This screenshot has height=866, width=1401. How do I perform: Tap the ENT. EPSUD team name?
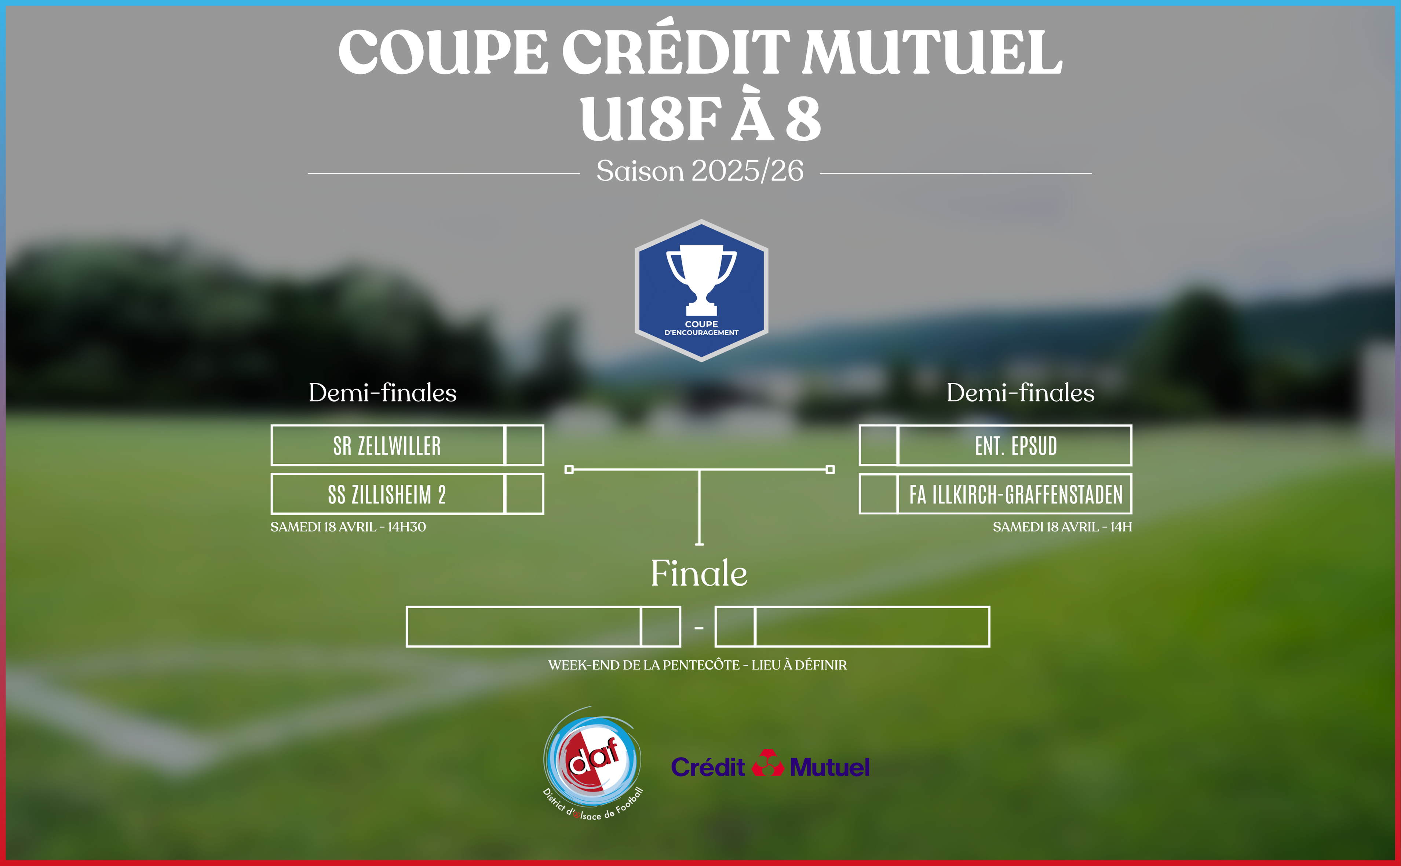click(x=1016, y=445)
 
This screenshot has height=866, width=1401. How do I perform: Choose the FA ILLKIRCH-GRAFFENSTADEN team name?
click(x=1015, y=494)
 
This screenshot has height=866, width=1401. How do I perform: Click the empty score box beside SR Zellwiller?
click(x=524, y=445)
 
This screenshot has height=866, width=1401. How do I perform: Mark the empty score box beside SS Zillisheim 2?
click(x=524, y=494)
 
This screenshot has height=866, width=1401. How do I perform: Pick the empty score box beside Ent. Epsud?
click(x=878, y=445)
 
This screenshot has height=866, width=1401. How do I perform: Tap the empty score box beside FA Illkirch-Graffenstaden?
click(x=878, y=494)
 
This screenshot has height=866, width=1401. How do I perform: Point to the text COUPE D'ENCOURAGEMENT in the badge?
click(x=701, y=328)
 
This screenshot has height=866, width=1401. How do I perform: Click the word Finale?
click(x=699, y=573)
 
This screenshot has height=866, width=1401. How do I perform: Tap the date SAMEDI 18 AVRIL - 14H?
click(x=1062, y=527)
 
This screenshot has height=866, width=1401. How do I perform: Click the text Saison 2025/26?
click(x=700, y=171)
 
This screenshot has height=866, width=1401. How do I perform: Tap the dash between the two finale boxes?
click(x=698, y=628)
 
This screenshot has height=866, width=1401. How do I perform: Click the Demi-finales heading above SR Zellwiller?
click(x=382, y=393)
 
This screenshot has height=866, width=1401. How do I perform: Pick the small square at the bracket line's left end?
click(x=569, y=470)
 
